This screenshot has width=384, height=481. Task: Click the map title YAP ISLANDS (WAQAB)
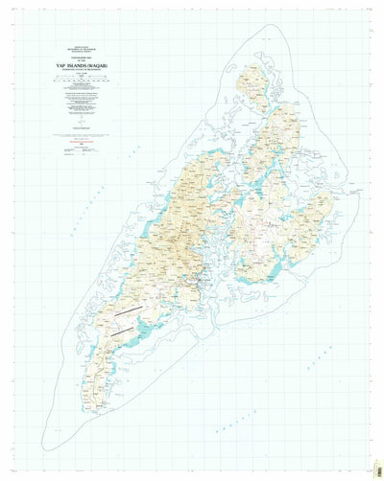point(80,65)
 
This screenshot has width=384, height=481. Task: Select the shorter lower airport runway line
point(120,329)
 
